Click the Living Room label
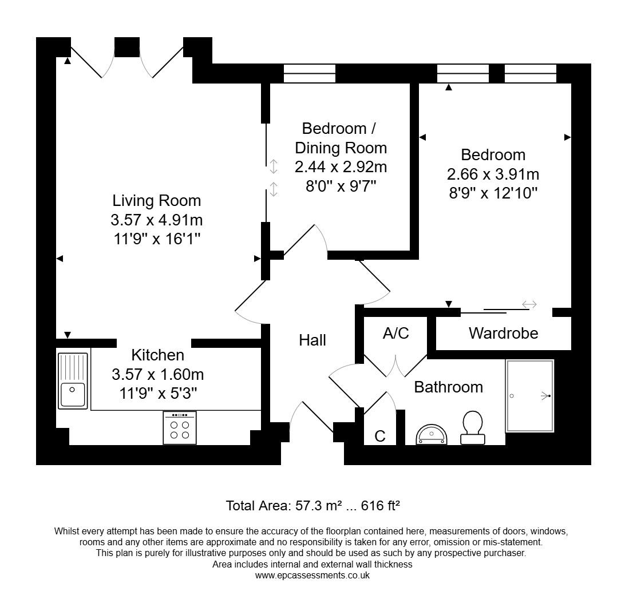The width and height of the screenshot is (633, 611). coord(157,201)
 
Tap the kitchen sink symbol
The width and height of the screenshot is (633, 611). coord(73,380)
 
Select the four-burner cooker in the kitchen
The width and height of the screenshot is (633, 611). coord(180,428)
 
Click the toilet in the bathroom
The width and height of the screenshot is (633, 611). coord(473,427)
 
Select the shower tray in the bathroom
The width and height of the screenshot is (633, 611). coord(529,396)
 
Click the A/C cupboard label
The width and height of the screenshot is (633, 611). coord(396,334)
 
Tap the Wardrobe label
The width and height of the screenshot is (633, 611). coord(503,334)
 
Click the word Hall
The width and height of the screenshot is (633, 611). coord(312,340)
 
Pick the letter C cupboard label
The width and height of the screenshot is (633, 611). coord(379,437)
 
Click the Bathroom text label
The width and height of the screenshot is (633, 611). coord(448,387)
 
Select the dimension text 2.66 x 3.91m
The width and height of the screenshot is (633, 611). coord(493,174)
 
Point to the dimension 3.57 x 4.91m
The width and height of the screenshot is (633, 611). coord(157,220)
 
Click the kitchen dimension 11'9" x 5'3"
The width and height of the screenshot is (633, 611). coord(157,394)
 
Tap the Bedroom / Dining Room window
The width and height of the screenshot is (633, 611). coord(310,73)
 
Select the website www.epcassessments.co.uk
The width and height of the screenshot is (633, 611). coord(312,576)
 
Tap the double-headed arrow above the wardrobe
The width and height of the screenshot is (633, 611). coord(529,304)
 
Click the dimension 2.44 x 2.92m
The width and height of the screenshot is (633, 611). coord(341,167)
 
